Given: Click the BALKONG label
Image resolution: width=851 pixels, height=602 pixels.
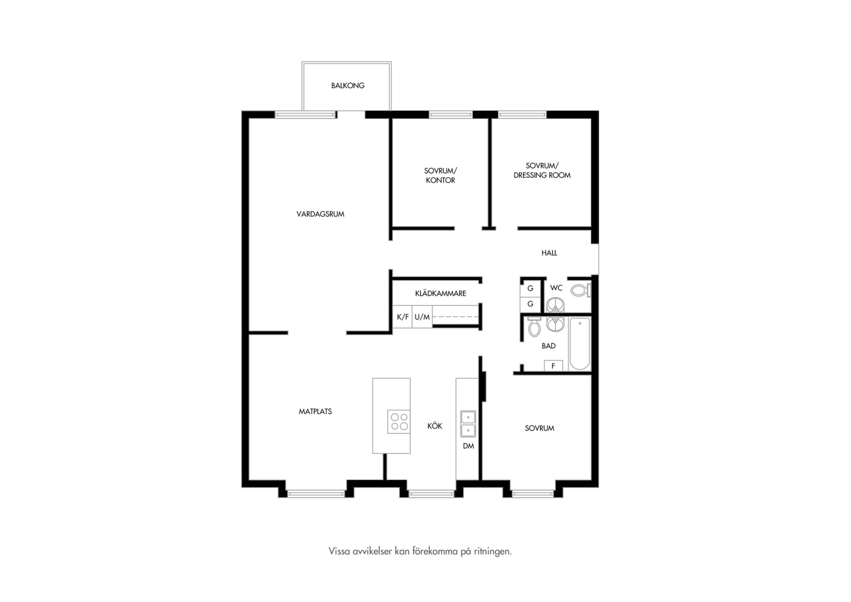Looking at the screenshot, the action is pos(348,86).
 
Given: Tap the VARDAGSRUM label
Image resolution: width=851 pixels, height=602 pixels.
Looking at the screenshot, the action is pos(320,214).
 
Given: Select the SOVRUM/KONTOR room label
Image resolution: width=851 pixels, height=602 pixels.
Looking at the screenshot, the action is pos(441,176).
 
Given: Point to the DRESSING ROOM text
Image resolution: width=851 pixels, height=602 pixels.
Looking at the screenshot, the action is pos(542,176).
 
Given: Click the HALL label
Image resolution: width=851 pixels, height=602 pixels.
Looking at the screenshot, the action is pos(549,253).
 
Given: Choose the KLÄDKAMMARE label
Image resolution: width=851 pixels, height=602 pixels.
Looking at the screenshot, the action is pos(441,294).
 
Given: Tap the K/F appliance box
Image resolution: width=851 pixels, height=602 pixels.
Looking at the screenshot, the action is pos(402,317).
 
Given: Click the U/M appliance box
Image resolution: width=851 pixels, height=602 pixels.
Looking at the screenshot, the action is pos(422,317).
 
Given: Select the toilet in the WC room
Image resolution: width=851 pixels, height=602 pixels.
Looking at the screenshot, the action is pos(580,291).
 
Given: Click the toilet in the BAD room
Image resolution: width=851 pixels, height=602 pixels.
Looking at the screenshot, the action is pos(534,327).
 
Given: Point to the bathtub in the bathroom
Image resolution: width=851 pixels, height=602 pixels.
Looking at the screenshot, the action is pos(579,344).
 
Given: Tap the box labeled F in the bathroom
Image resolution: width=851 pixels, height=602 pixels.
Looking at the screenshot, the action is pos(553,366).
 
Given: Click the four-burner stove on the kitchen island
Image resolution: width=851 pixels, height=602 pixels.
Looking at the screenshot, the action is pos(399,422).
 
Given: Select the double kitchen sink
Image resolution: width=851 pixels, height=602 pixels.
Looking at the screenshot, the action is pos(468,424).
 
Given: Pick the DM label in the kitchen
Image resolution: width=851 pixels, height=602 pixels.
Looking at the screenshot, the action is pos(468,446).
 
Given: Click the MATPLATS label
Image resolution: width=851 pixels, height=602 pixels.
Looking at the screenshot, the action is pos(315,411).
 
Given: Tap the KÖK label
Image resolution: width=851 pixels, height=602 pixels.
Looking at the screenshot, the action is pos(434,426).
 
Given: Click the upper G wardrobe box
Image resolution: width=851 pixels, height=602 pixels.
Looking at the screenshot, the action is pos(530,288).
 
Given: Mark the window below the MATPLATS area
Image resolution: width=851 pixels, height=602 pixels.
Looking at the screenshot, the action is pos(316,494).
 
